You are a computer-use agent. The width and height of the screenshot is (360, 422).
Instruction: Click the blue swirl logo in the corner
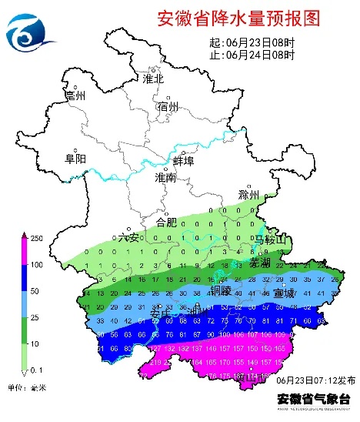pyautogui.click(x=29, y=31)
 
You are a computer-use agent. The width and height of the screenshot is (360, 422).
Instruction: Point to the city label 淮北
pyautogui.click(x=153, y=79)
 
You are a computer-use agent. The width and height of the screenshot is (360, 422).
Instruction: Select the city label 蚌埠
pyautogui.click(x=183, y=162)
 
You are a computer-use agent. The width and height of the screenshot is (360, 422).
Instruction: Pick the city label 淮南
pyautogui.click(x=165, y=178)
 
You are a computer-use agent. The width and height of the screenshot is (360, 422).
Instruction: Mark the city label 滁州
pyautogui.click(x=249, y=195)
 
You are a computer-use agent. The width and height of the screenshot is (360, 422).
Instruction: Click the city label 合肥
pyautogui.click(x=166, y=222)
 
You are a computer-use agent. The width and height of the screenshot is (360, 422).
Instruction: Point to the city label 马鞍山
pyautogui.click(x=270, y=240)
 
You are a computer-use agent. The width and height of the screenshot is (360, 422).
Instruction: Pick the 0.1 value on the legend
pyautogui.click(x=35, y=371)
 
